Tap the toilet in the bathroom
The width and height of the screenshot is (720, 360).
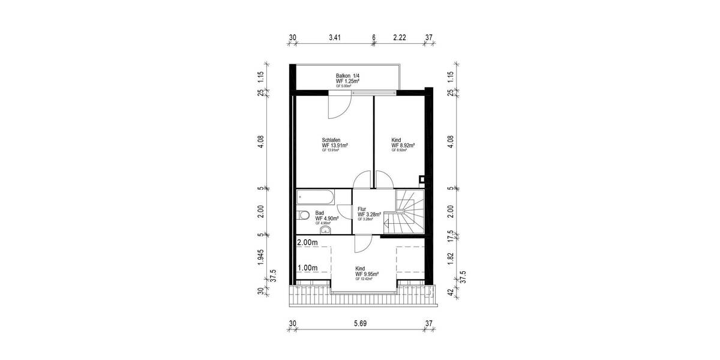click(303, 215)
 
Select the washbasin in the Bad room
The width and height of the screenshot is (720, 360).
click(325, 228)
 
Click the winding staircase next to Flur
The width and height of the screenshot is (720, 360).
click(409, 212)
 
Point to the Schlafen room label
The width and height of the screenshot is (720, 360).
click(331, 140)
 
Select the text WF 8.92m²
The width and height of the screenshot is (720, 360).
click(404, 145)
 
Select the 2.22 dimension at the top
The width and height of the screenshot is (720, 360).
click(400, 37)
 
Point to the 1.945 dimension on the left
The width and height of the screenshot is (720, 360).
click(261, 257)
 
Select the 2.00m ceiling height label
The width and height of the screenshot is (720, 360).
click(307, 242)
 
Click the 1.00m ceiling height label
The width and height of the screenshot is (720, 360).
click(307, 268)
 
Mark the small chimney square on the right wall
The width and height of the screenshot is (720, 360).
click(422, 178)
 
